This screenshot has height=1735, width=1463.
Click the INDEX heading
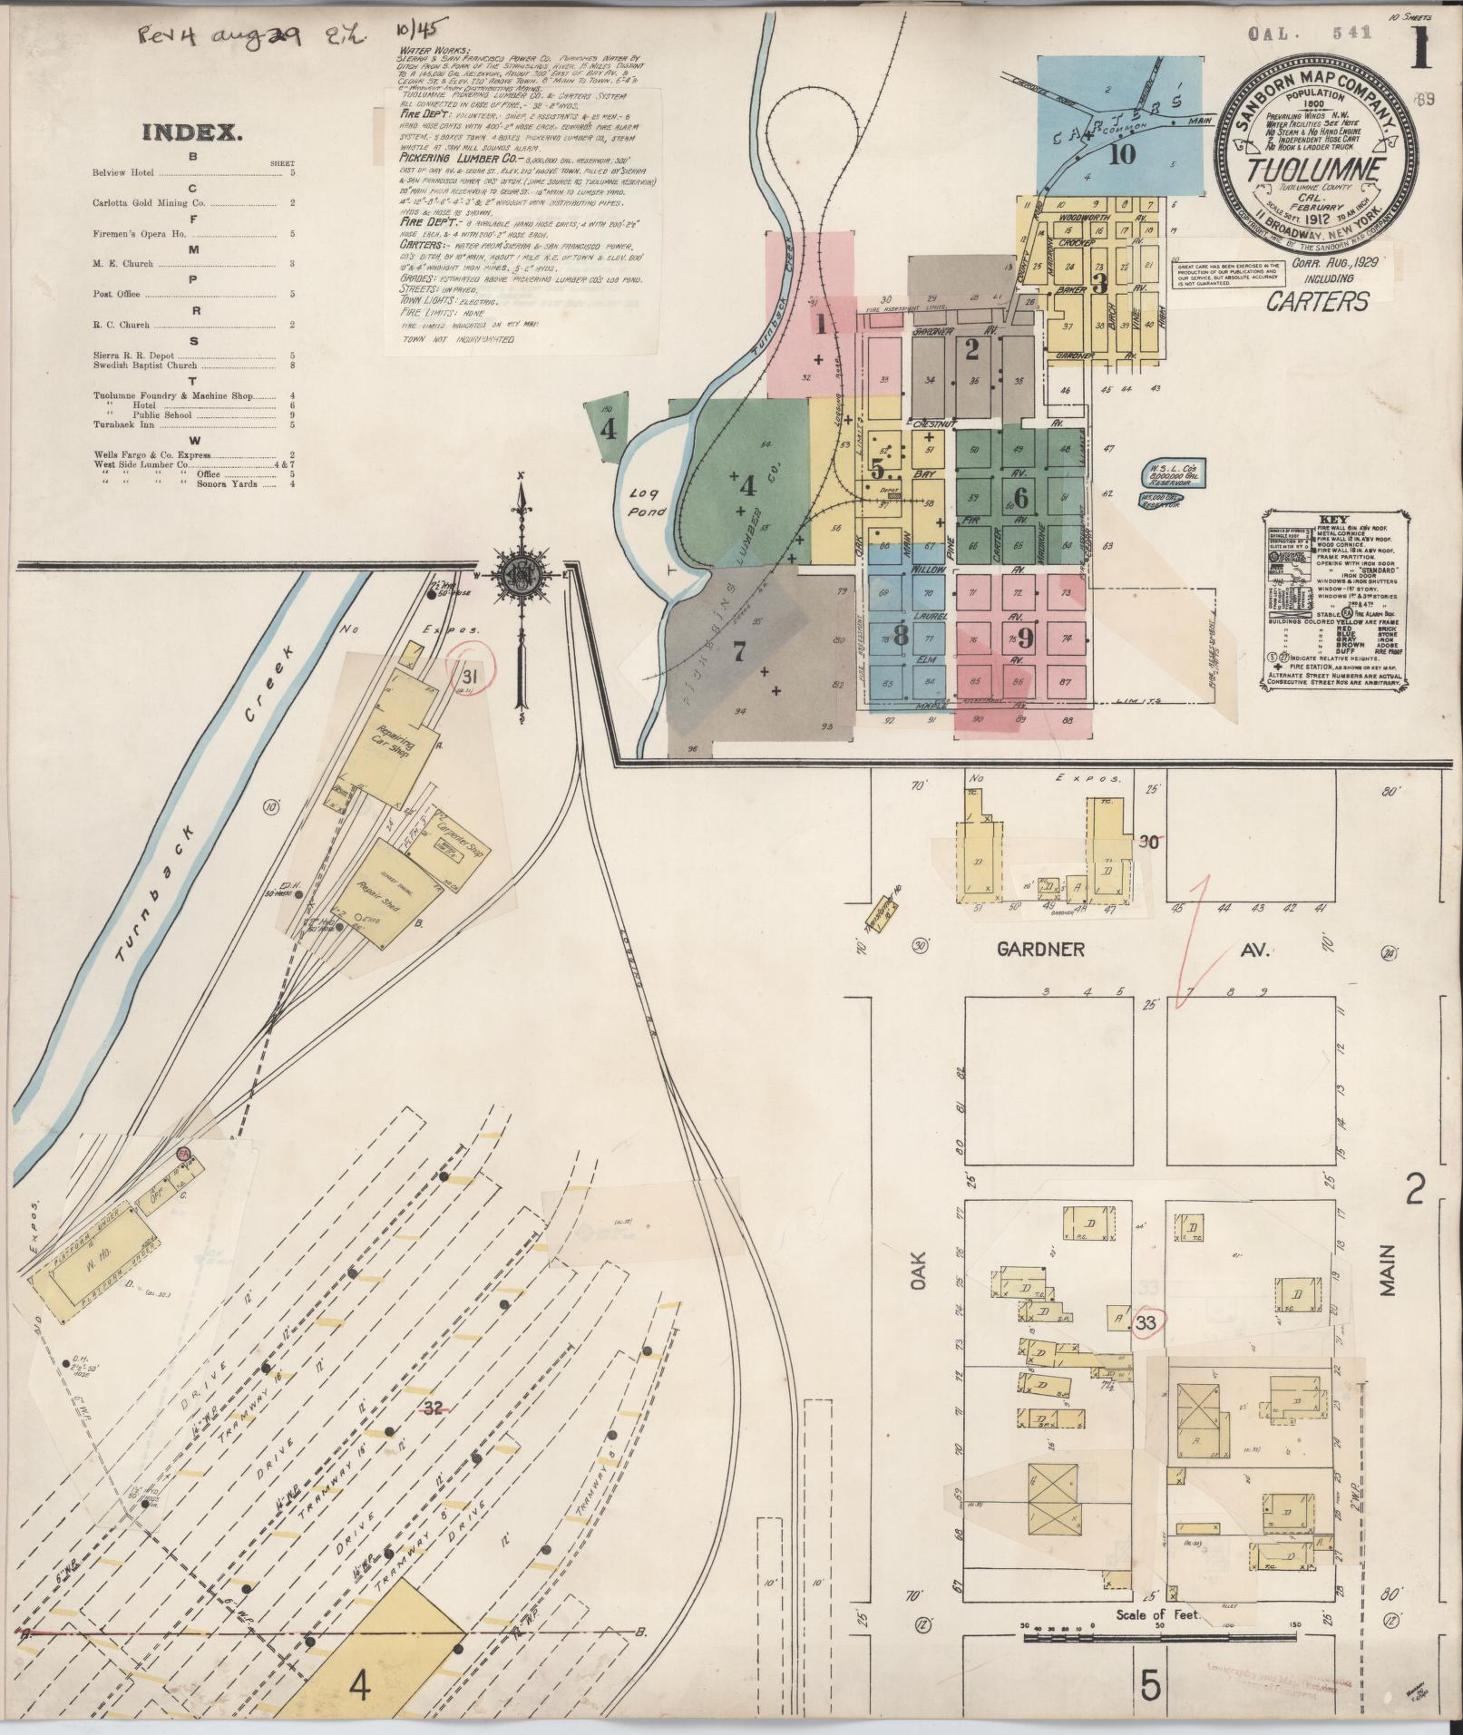(191, 133)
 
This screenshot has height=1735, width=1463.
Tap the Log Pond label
(648, 502)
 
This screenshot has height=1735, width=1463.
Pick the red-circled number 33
(1146, 1323)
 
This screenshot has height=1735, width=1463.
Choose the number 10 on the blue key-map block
(1122, 153)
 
